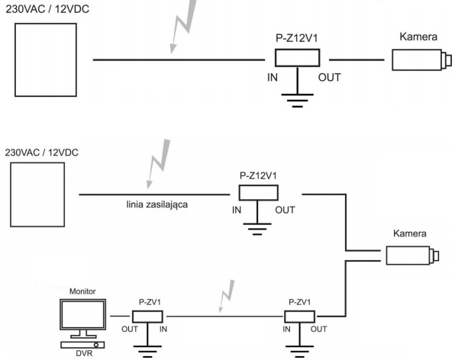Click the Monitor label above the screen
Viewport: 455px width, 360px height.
pos(82,291)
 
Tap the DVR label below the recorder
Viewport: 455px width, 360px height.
pos(84,353)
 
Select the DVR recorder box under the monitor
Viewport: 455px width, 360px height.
pos(82,345)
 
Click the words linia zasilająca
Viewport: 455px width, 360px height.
pos(157,204)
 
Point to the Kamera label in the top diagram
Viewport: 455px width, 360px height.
pos(418,37)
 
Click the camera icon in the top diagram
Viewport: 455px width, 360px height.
pos(422,60)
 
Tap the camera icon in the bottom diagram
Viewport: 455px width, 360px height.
pos(413,256)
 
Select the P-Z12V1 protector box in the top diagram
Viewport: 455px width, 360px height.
pos(298,58)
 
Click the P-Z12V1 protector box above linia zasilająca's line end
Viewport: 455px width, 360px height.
pos(259,193)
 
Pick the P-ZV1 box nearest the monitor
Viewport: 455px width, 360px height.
pos(147,317)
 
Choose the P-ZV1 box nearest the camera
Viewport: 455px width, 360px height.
pos(299,317)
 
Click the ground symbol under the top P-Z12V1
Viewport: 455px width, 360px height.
pos(298,100)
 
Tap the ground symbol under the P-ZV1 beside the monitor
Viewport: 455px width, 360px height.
pos(147,352)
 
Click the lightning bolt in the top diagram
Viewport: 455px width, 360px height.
pos(183,26)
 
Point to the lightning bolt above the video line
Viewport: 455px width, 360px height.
pos(227,296)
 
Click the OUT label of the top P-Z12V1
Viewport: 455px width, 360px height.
pos(329,78)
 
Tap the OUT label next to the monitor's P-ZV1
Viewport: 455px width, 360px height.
pos(130,329)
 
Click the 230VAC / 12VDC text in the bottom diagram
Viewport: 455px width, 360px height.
pos(42,153)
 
